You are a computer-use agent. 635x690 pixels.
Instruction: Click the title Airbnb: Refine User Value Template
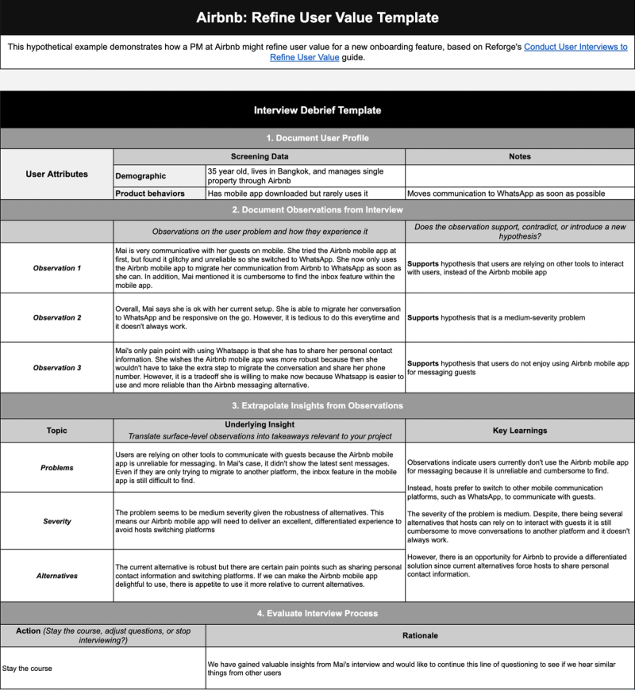[x=317, y=17]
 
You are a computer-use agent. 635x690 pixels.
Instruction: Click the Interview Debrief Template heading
[x=317, y=110]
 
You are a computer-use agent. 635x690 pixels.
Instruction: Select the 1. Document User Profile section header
[x=317, y=138]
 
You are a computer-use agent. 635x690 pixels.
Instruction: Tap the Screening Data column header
[x=260, y=157]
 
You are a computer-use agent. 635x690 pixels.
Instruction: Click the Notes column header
[x=520, y=157]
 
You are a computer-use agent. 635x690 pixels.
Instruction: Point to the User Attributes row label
[x=57, y=174]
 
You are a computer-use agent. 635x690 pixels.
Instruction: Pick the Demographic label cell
[x=140, y=176]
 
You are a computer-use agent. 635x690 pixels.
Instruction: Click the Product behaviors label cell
[x=150, y=193]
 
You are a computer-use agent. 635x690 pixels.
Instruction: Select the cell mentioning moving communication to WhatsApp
[x=520, y=193]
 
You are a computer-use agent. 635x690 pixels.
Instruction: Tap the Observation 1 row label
[x=57, y=267]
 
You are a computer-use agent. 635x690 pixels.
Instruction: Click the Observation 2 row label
[x=57, y=317]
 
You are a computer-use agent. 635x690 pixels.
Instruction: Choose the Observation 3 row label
[x=57, y=367]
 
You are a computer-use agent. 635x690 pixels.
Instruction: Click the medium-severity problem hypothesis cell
[x=520, y=317]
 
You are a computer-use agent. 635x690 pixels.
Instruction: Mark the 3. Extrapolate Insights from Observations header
[x=317, y=405]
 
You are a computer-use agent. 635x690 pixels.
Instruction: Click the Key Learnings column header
[x=520, y=431]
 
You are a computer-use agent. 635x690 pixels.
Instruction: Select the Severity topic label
[x=57, y=521]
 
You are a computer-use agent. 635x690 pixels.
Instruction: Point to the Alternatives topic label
[x=57, y=574]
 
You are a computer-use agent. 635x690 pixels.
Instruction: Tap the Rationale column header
[x=420, y=635]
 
